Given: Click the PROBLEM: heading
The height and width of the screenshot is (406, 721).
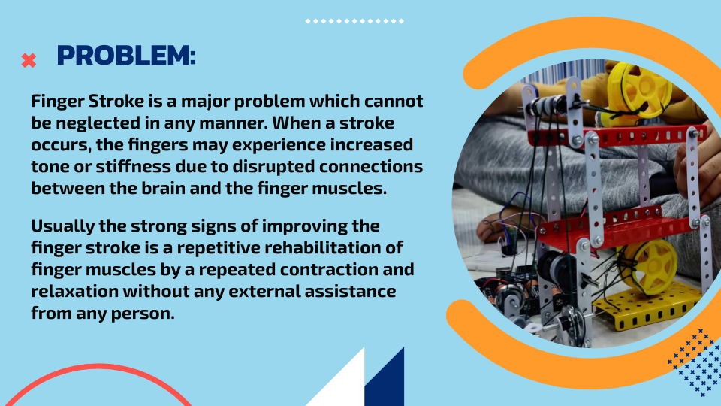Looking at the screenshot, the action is point(126,55).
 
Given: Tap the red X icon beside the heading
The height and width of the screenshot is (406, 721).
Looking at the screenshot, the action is point(29,60).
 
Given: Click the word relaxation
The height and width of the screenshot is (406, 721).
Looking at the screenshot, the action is point(74,291).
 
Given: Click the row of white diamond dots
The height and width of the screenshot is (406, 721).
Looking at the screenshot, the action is point(354,21).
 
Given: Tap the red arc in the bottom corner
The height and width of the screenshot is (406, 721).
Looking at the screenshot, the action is point(98,368).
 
